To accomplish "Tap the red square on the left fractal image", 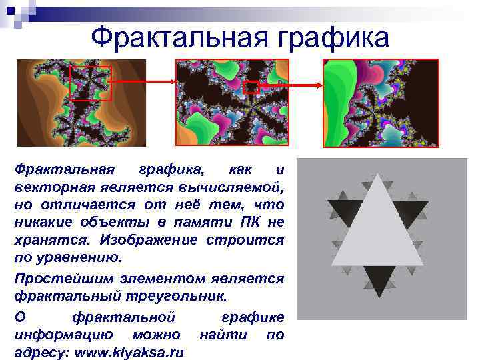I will (90, 83).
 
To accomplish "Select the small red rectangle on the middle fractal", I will (251, 87).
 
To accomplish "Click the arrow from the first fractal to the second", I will (143, 82).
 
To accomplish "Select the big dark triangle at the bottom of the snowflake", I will (377, 281).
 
